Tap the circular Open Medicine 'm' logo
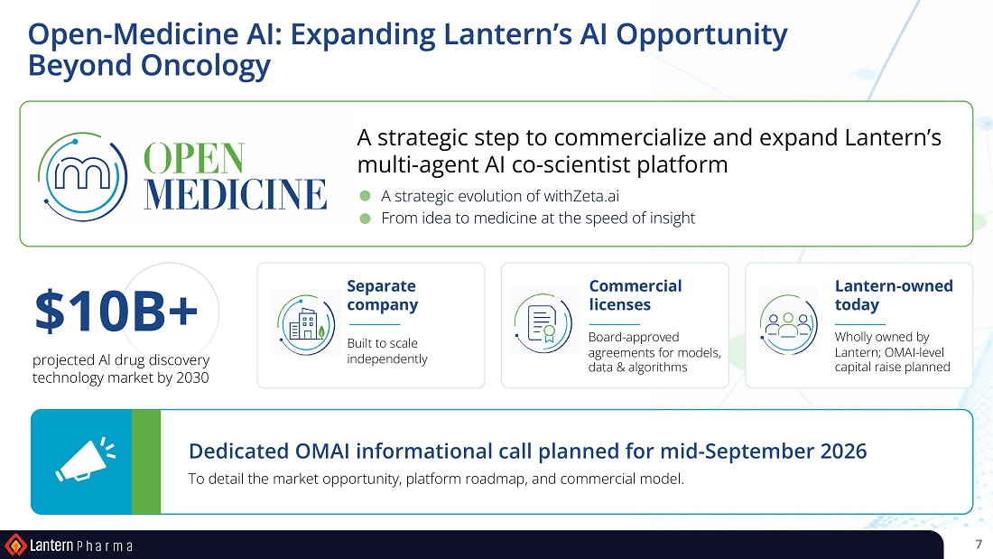pos(82,177)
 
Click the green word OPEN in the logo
pos(194,158)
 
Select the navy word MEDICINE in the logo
pos(236,193)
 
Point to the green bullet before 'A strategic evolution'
pos(365,196)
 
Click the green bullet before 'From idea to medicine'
pos(365,218)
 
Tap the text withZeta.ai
pos(581,196)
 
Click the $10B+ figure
pos(116,311)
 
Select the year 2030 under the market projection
pos(192,377)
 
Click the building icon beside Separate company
pos(306,324)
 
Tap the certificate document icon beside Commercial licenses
pos(543,323)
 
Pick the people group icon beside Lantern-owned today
pos(788,324)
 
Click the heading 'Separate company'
pos(383,295)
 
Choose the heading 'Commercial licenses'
pos(636,295)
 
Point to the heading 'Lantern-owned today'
pos(894,295)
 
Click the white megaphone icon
pos(85,460)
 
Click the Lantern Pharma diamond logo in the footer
pos(15,545)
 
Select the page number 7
pos(979,545)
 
